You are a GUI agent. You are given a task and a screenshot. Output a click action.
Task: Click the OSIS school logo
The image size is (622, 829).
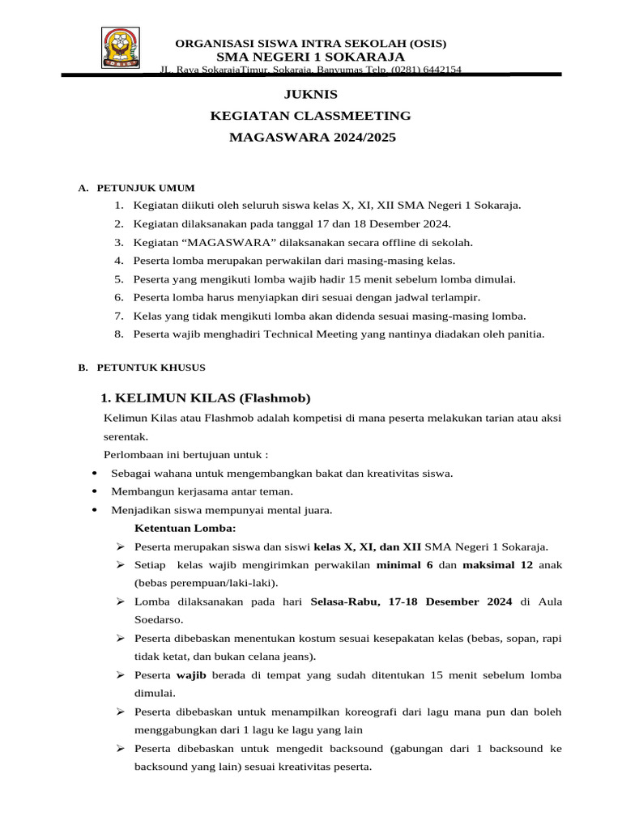click(x=121, y=48)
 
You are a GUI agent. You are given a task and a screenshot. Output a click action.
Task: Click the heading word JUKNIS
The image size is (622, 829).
click(x=312, y=95)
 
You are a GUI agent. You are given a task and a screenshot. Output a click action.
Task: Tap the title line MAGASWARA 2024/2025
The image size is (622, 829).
click(x=312, y=138)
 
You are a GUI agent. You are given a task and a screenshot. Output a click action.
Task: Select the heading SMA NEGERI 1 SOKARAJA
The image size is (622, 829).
click(x=311, y=56)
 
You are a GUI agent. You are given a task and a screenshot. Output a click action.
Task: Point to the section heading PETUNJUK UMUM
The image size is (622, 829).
click(x=145, y=188)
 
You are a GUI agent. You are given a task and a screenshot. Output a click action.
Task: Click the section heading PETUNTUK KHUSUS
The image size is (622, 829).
click(x=151, y=368)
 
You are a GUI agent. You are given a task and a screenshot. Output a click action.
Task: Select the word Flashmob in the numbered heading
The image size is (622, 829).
click(x=275, y=398)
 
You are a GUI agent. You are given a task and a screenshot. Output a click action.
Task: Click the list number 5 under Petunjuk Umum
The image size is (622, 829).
click(x=118, y=279)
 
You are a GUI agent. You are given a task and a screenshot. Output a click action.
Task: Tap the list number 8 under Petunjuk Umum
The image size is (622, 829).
click(x=118, y=334)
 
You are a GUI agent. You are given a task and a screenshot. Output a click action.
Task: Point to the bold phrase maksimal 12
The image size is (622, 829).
click(x=497, y=564)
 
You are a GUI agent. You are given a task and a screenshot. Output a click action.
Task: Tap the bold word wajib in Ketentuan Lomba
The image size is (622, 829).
click(x=191, y=674)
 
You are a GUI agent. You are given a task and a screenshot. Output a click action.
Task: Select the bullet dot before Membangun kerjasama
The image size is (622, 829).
click(x=96, y=492)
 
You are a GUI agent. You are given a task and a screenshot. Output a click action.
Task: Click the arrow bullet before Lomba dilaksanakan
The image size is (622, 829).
click(x=119, y=602)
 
